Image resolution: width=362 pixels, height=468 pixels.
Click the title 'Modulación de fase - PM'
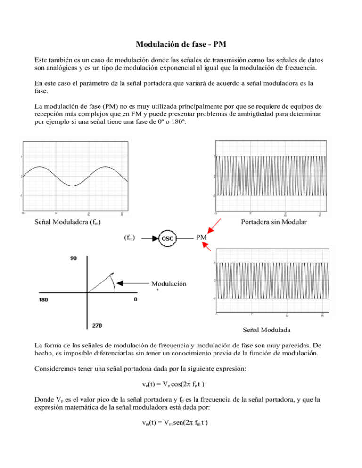(181, 45)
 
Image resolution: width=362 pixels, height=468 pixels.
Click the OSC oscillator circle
(168, 238)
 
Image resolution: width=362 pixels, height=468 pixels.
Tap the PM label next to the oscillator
(201, 238)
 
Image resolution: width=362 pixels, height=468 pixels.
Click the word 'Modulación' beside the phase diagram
(169, 284)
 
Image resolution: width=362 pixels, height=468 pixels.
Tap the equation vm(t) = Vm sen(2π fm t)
(181, 436)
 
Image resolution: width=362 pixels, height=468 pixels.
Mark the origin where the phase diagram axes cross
(88, 292)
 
